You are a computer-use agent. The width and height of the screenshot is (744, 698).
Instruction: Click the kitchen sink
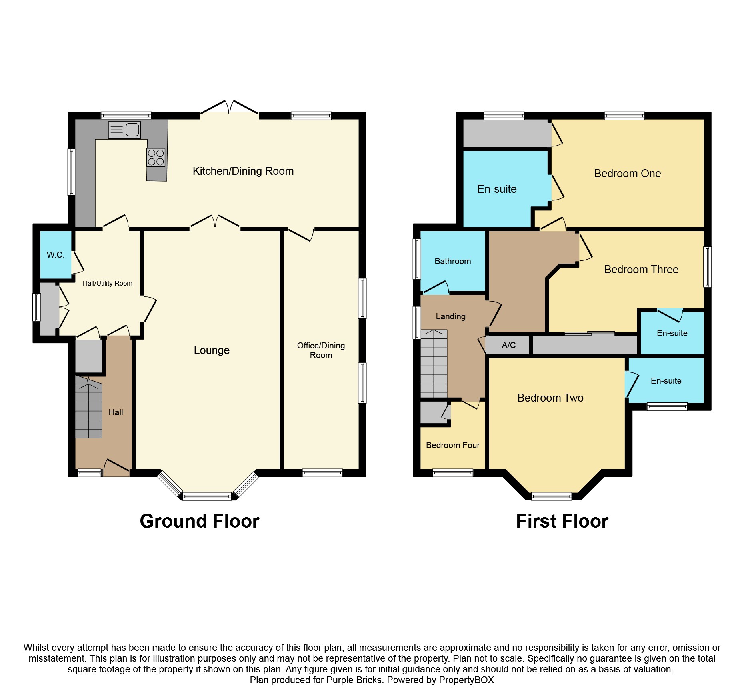pyautogui.click(x=124, y=130)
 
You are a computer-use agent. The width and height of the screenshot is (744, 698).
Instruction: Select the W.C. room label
pyautogui.click(x=56, y=255)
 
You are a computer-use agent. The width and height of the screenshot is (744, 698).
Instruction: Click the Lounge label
pyautogui.click(x=212, y=350)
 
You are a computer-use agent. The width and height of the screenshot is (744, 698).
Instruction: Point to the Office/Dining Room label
pyautogui.click(x=321, y=350)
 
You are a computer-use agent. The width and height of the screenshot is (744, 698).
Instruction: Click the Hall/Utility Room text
pyautogui.click(x=107, y=283)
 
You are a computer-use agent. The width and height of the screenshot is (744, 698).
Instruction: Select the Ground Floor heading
pyautogui.click(x=200, y=521)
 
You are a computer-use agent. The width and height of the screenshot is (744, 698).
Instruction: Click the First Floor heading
pyautogui.click(x=562, y=521)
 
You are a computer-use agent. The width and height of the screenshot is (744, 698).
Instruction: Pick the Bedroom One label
pyautogui.click(x=627, y=174)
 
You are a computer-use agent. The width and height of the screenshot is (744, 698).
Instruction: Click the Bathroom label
pyautogui.click(x=452, y=261)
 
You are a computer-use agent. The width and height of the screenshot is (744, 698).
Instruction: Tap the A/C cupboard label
pyautogui.click(x=508, y=345)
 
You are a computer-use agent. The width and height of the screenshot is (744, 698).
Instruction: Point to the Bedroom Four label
pyautogui.click(x=453, y=445)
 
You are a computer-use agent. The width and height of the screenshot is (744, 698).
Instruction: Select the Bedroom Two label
pyautogui.click(x=550, y=398)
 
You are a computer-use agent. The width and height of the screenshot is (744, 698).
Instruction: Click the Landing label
pyautogui.click(x=450, y=316)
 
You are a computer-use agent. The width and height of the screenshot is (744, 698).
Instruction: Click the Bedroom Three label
pyautogui.click(x=641, y=270)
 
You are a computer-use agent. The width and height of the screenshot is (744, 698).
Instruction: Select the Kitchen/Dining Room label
pyautogui.click(x=243, y=171)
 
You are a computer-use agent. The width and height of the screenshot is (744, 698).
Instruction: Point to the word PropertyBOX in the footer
pyautogui.click(x=466, y=680)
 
